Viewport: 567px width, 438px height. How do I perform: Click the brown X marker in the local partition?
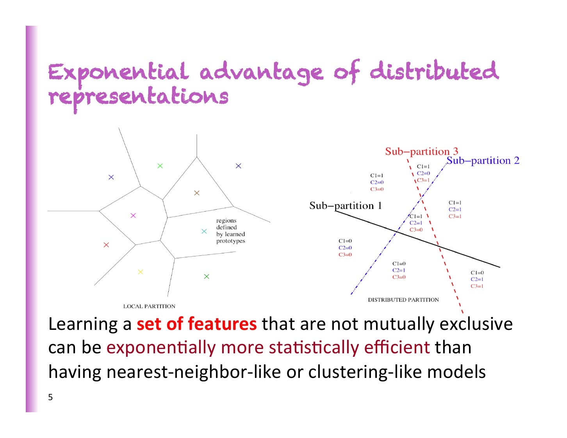click(197, 193)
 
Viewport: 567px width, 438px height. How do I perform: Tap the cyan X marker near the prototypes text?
click(204, 231)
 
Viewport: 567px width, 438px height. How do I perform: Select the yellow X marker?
click(141, 272)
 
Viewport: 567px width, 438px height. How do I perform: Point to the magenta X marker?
click(133, 215)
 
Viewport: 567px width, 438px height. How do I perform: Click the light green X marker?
click(160, 166)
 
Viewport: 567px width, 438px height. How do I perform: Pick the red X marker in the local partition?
click(106, 245)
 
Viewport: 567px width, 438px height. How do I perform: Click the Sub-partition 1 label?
click(345, 206)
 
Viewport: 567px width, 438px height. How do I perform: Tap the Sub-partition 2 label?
click(483, 160)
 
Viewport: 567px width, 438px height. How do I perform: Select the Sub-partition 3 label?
click(421, 151)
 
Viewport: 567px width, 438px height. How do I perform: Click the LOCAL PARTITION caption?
click(149, 306)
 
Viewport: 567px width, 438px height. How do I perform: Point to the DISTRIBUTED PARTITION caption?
click(403, 300)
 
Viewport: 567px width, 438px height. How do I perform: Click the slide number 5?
click(50, 397)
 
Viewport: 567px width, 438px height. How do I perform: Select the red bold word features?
click(222, 324)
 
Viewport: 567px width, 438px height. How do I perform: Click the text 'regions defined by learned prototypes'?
click(230, 231)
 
